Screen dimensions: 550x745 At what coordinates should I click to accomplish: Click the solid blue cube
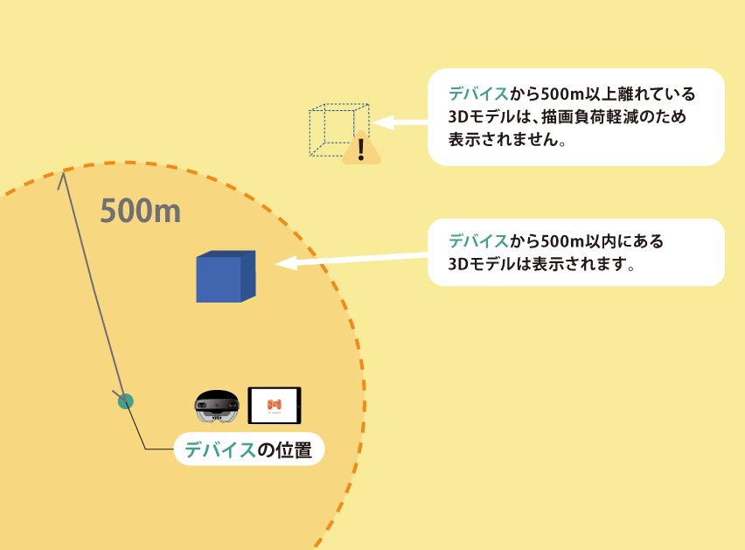(225, 276)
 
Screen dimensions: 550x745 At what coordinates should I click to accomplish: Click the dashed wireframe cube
(338, 129)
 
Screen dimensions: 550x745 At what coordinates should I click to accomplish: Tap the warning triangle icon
(361, 150)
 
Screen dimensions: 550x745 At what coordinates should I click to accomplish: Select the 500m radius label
(140, 211)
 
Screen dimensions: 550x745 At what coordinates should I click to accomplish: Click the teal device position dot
(126, 401)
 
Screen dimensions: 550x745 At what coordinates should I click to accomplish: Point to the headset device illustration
(216, 407)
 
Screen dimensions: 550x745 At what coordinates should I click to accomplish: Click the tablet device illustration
(274, 405)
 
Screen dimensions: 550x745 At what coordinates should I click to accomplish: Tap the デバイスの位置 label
(249, 449)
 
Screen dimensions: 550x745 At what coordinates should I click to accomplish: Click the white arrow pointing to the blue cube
(350, 259)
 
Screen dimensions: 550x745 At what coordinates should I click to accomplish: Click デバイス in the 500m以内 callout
(477, 240)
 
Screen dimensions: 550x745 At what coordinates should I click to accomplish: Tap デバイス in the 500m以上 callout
(477, 94)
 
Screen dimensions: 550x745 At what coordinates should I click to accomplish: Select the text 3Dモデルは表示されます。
(540, 263)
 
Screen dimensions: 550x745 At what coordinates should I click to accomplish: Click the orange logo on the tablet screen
(274, 404)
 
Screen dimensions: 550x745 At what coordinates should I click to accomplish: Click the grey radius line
(92, 289)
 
